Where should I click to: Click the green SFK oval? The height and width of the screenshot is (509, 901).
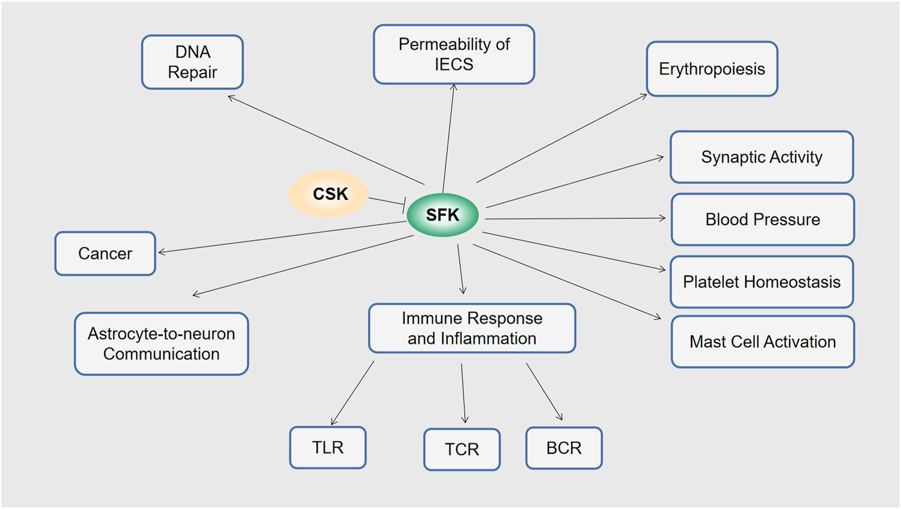pos(442,215)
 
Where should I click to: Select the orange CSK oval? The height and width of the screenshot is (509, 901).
pos(329,194)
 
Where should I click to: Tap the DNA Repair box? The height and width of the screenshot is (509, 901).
pos(192,62)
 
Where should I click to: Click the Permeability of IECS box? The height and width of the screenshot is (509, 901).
pos(454,54)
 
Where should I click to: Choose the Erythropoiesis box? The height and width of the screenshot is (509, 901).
pos(712,69)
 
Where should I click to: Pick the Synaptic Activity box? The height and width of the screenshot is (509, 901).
pos(762,157)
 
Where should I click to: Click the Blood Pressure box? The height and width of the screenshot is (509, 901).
pos(762,219)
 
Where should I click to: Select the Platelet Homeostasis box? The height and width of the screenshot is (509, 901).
pos(762,282)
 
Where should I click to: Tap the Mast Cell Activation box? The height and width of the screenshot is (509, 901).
pos(762,342)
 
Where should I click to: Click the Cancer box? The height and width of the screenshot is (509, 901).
pos(105,253)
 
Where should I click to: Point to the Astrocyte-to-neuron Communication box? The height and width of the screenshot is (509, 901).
pos(161,344)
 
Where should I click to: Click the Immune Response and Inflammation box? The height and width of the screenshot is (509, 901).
pos(472,328)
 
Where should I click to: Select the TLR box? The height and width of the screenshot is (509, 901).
pos(327,447)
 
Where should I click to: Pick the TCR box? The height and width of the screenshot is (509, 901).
pos(462,449)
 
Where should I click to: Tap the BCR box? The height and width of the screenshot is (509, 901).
pos(563,448)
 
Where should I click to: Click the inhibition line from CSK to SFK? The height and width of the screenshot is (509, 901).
pos(386,201)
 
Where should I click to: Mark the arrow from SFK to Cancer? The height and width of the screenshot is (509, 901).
pos(281,237)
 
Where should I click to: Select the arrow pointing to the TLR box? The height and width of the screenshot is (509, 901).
pos(353,393)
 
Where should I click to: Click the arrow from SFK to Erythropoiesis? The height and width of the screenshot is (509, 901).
pos(562,138)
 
